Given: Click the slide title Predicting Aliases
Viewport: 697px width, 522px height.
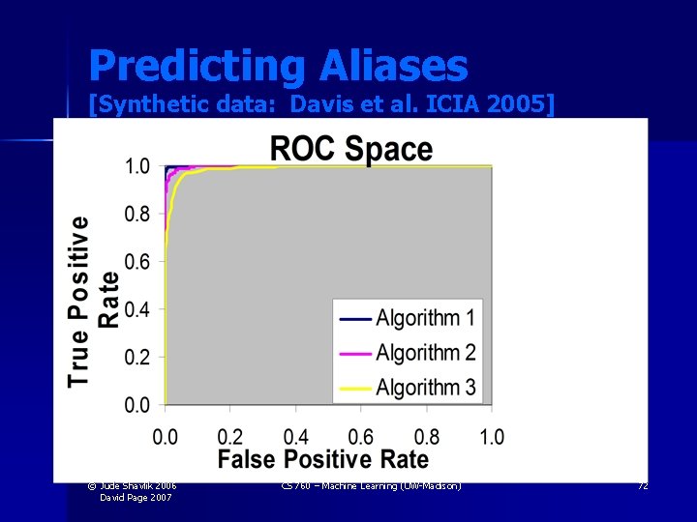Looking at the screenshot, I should tap(278, 66).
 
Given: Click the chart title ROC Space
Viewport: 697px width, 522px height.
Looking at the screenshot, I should tap(350, 149).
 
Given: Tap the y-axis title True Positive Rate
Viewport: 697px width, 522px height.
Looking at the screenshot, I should tap(95, 301).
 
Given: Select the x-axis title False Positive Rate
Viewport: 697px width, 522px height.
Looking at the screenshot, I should tap(322, 459).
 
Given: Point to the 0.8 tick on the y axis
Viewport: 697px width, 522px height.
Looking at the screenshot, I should tap(136, 214).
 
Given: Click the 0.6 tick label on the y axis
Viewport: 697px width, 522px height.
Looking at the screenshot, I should tap(136, 262).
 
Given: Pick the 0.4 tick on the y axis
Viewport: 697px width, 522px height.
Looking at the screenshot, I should tap(136, 309).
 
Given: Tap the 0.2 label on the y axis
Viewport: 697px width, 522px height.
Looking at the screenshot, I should tap(136, 358).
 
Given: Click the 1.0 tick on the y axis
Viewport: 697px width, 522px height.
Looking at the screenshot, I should tap(136, 166).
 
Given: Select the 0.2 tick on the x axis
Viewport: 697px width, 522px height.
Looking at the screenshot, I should tap(230, 436).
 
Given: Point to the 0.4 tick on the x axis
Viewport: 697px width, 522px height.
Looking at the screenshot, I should tap(296, 436).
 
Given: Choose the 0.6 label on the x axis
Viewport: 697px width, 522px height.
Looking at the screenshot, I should tap(361, 436).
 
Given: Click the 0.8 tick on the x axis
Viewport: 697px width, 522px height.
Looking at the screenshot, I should tap(426, 436).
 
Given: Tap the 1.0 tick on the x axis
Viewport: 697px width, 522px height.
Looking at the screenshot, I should tap(491, 436).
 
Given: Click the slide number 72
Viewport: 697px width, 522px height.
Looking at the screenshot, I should tap(642, 485).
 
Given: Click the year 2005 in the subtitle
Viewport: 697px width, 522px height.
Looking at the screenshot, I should tap(518, 103).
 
